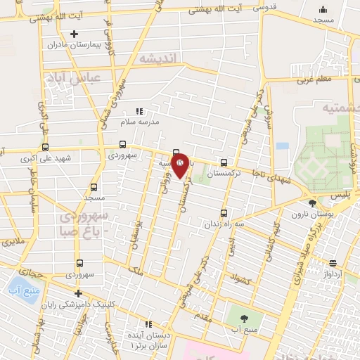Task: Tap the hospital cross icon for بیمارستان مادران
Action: coord(75,33)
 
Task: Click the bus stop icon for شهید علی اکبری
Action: coord(46,147)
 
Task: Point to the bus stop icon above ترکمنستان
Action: coord(224,161)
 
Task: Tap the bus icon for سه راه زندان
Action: coord(224,212)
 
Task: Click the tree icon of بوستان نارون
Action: coord(312,203)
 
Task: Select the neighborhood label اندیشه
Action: coord(160,58)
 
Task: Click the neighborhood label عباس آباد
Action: coord(74,77)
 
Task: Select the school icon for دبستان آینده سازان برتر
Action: coord(148,324)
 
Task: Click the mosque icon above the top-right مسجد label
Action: coord(323,9)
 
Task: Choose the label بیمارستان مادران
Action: coord(74,45)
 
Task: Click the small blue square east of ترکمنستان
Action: coord(283,146)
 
